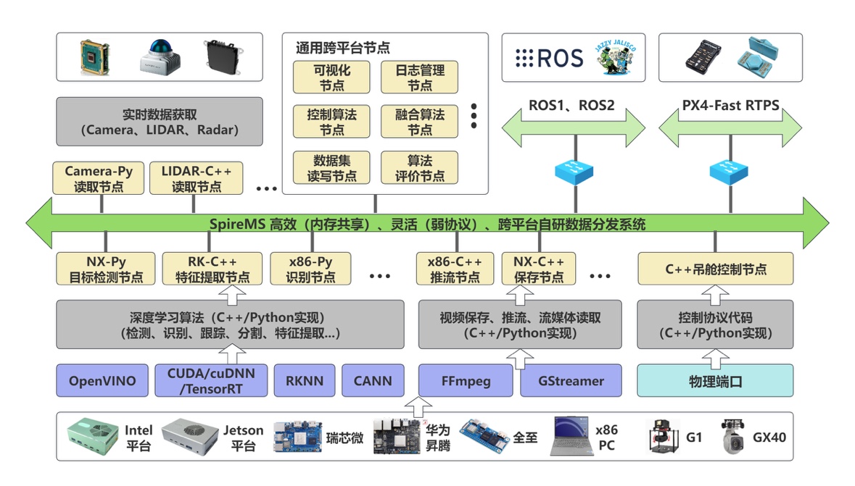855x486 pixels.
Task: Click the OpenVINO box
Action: (102, 381)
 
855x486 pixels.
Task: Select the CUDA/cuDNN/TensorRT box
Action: (210, 381)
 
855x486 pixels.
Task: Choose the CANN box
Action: (373, 381)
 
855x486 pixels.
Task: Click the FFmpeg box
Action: (467, 381)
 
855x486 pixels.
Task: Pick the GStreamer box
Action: (571, 381)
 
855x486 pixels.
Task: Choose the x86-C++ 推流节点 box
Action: (455, 269)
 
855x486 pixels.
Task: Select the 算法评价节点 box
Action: (419, 167)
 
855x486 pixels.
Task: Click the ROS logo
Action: (549, 58)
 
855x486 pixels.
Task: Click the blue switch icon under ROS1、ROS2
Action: (574, 171)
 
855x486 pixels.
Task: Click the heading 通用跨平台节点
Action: (342, 49)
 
